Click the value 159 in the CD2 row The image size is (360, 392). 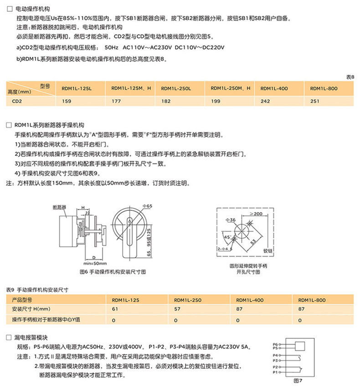click(61, 102)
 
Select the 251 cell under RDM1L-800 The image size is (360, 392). click(315, 102)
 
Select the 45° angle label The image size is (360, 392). click(227, 237)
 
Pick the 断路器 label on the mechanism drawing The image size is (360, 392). click(59, 207)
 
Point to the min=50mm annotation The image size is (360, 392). click(95, 264)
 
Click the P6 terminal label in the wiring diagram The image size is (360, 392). click(275, 344)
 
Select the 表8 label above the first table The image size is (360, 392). click(350, 77)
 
